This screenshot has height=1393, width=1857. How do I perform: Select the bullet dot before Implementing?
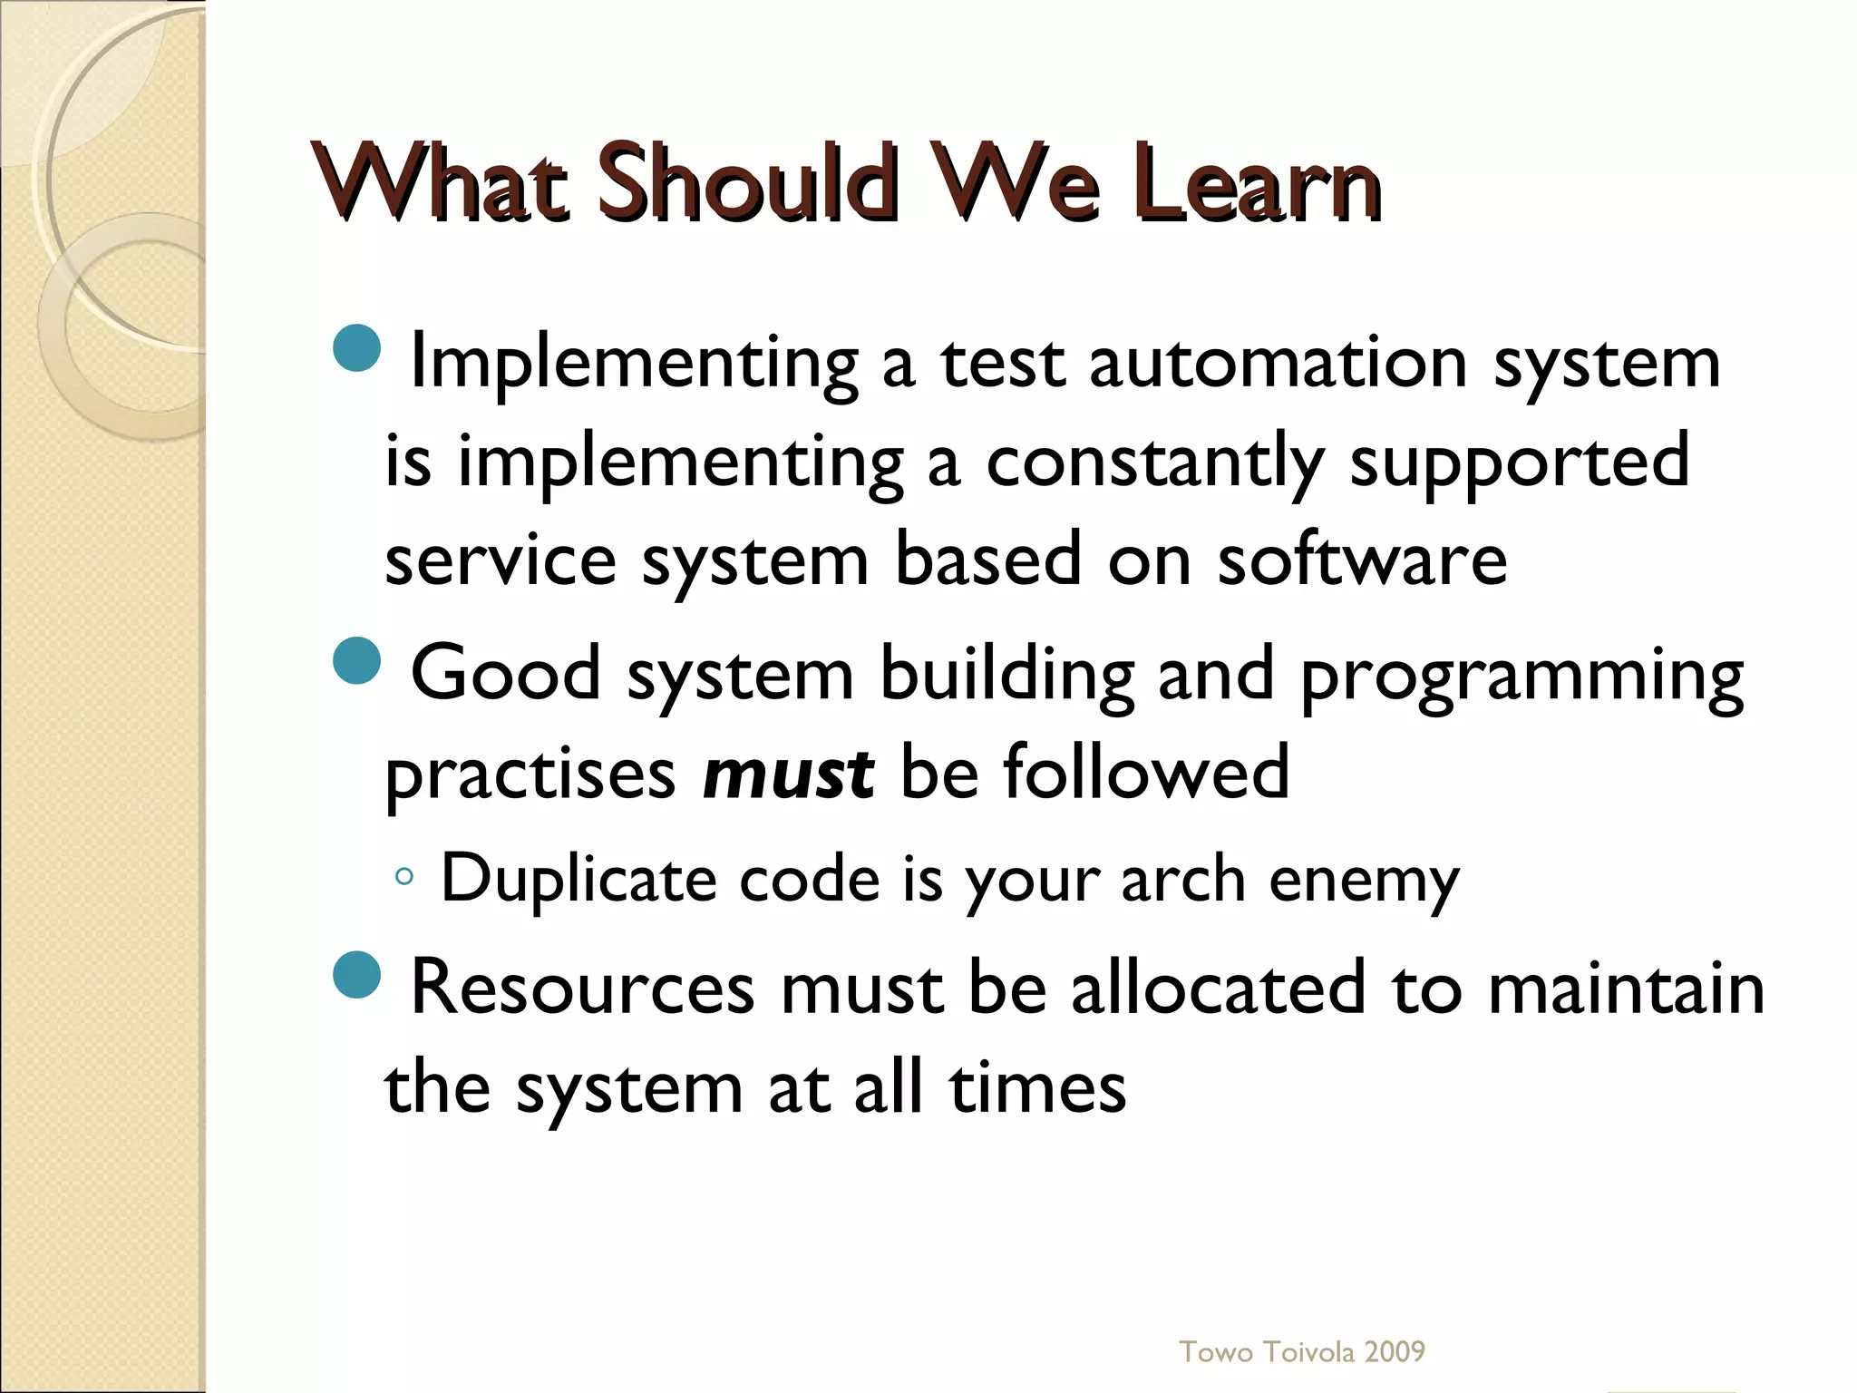(x=357, y=347)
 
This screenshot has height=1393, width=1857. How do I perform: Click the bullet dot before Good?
(x=357, y=661)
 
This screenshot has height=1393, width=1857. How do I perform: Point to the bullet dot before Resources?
(x=357, y=975)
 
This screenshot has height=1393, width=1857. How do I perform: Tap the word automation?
(x=1278, y=363)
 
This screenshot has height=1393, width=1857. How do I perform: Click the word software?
(x=1362, y=560)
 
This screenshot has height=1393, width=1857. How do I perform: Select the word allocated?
(x=1218, y=988)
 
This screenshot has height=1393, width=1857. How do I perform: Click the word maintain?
(x=1626, y=988)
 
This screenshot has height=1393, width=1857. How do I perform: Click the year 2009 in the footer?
(x=1395, y=1352)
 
